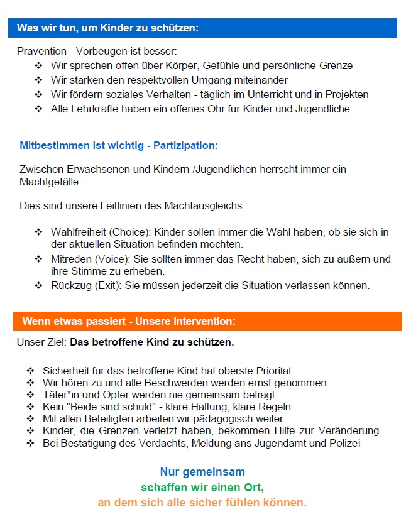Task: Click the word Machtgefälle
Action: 50,182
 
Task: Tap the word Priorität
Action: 271,371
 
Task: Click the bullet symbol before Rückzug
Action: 39,286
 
